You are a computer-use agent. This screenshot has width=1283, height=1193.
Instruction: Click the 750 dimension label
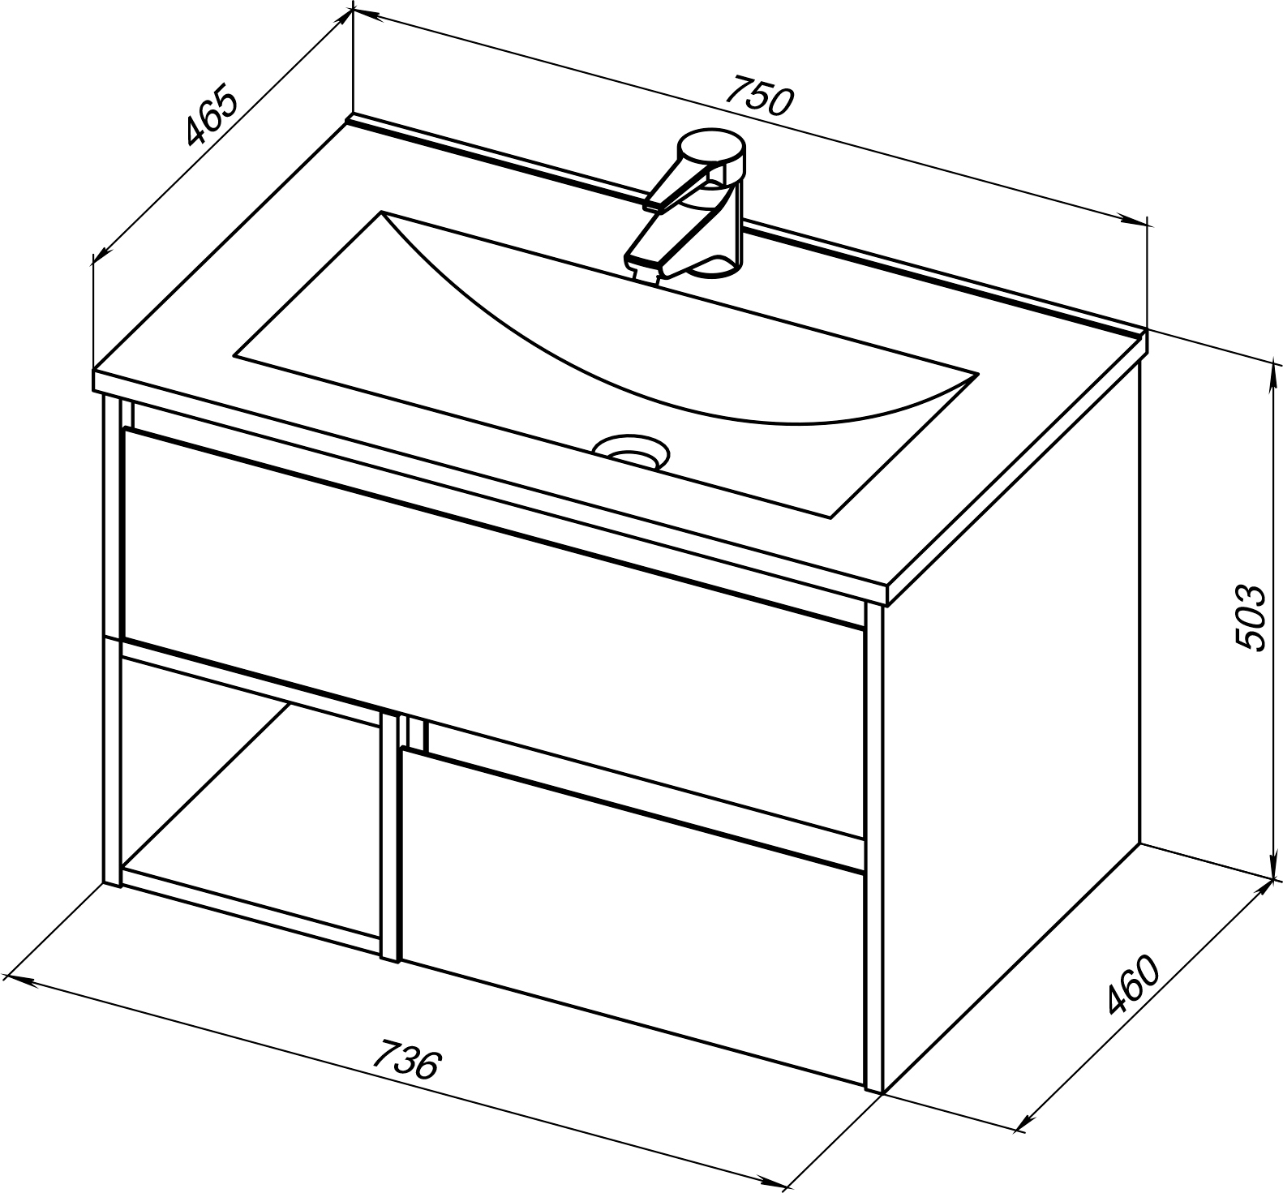tap(760, 96)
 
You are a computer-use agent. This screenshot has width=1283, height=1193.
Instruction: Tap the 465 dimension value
tap(212, 114)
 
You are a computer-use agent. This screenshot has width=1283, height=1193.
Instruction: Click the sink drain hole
tap(631, 450)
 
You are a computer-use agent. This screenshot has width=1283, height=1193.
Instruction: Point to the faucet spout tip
tap(642, 265)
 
